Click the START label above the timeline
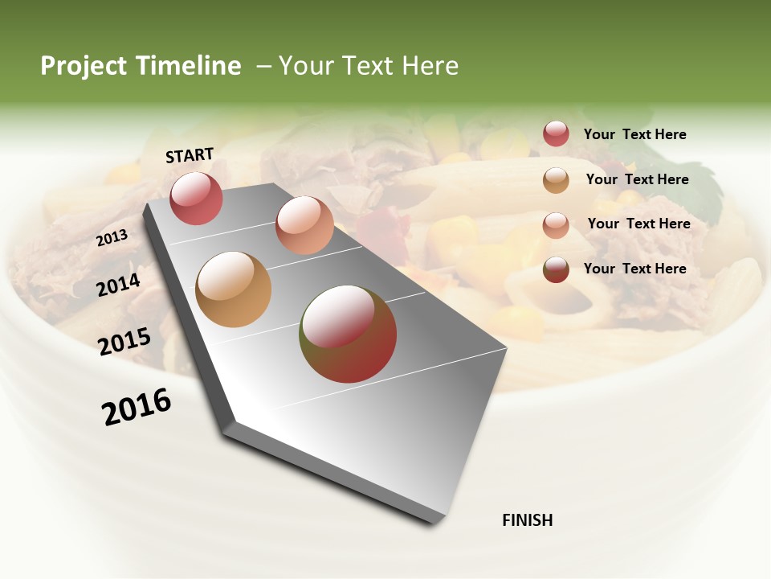pos(190,155)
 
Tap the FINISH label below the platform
pos(528,520)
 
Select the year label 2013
pos(112,237)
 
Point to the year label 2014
pos(119,285)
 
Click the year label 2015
pos(124,341)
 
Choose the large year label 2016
pos(137,407)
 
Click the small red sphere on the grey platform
pos(196,198)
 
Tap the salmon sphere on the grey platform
pos(304,225)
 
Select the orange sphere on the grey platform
pos(234,289)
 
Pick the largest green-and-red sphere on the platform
pos(348,334)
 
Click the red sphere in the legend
pos(556,133)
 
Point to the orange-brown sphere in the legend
pos(556,180)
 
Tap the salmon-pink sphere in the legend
pos(556,225)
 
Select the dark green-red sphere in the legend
pos(556,269)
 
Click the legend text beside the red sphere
pos(634,134)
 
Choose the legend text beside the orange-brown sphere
pos(637,179)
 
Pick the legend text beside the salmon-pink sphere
pos(638,224)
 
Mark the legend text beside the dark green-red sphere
pos(634,269)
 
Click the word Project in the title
pos(84,67)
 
